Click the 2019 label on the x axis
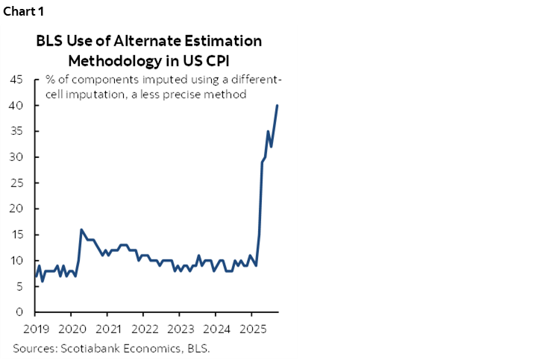click(35, 327)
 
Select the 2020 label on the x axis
click(72, 327)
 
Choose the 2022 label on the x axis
click(144, 327)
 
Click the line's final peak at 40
click(278, 105)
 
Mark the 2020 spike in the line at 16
click(81, 230)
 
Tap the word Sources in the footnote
click(35, 348)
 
